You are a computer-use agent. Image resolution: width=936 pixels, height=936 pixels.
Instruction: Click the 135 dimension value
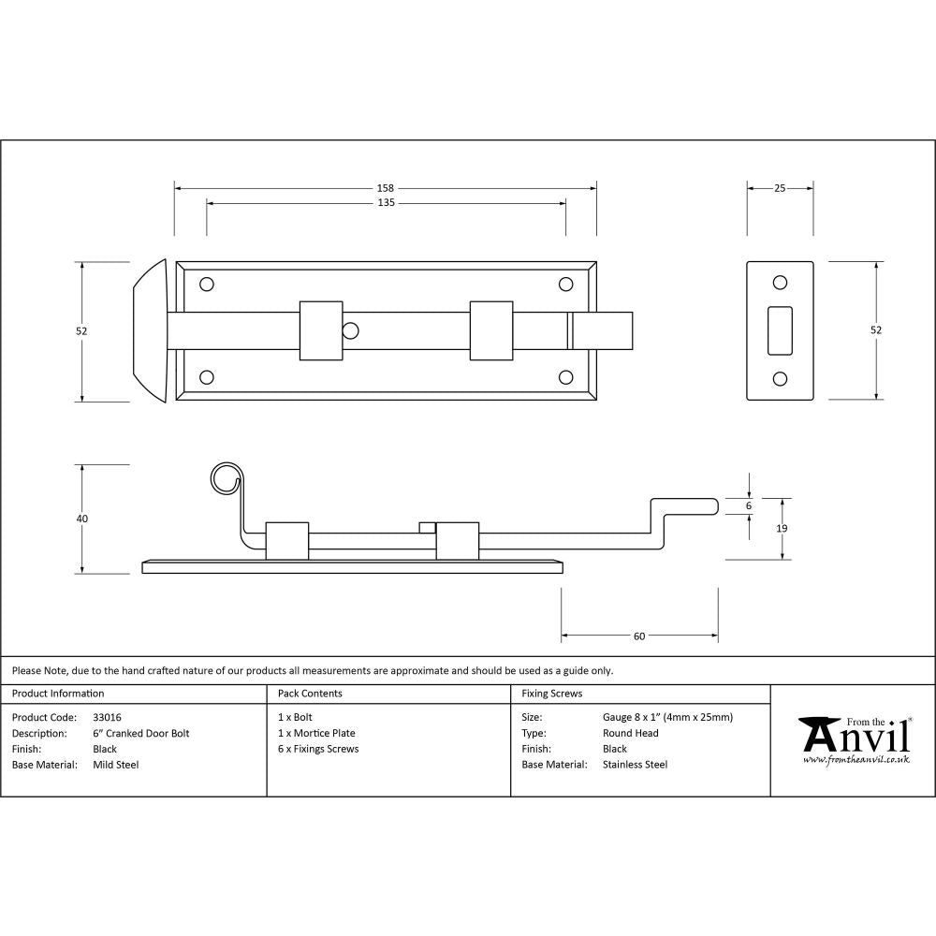pyautogui.click(x=386, y=203)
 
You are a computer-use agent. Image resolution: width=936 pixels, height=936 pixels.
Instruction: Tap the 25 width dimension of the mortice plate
pyautogui.click(x=780, y=188)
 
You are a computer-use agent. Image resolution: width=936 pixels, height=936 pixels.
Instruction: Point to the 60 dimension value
pyautogui.click(x=639, y=636)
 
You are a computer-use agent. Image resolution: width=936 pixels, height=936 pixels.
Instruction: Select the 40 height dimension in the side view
pyautogui.click(x=82, y=519)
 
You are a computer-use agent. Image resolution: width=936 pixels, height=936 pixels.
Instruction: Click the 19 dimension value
pyautogui.click(x=782, y=529)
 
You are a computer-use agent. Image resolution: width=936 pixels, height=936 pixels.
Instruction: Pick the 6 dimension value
pyautogui.click(x=749, y=505)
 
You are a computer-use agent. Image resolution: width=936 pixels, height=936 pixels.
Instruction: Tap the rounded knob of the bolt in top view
pyautogui.click(x=150, y=330)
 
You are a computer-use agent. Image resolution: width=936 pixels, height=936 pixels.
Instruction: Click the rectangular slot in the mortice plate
pyautogui.click(x=779, y=330)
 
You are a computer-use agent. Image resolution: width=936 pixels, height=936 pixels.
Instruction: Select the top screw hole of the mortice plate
pyautogui.click(x=779, y=283)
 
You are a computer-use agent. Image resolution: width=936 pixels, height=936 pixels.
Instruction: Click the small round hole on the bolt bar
pyautogui.click(x=350, y=329)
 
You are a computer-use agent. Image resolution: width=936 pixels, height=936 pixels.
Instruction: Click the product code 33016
pyautogui.click(x=108, y=718)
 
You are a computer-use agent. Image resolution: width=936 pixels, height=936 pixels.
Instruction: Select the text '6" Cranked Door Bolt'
pyautogui.click(x=141, y=734)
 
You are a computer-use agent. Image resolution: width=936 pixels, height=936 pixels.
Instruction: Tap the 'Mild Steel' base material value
pyautogui.click(x=116, y=765)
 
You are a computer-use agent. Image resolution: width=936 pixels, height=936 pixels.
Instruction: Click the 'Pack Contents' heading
pyautogui.click(x=310, y=694)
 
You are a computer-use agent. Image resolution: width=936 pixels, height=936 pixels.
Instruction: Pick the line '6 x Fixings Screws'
pyautogui.click(x=318, y=749)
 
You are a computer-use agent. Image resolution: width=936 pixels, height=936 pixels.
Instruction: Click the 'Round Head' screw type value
pyautogui.click(x=631, y=734)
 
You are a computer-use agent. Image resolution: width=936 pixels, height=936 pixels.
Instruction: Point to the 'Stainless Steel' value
pyautogui.click(x=636, y=765)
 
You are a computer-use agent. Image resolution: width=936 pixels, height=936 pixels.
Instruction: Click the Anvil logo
pyautogui.click(x=855, y=739)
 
